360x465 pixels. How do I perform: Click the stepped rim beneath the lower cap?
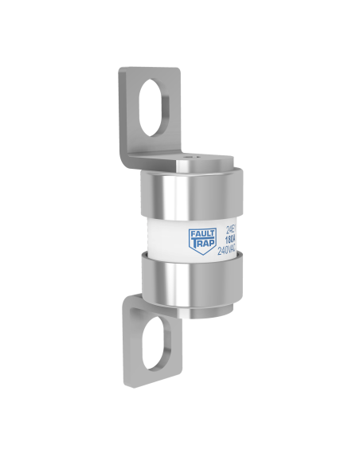coord(191,313)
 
